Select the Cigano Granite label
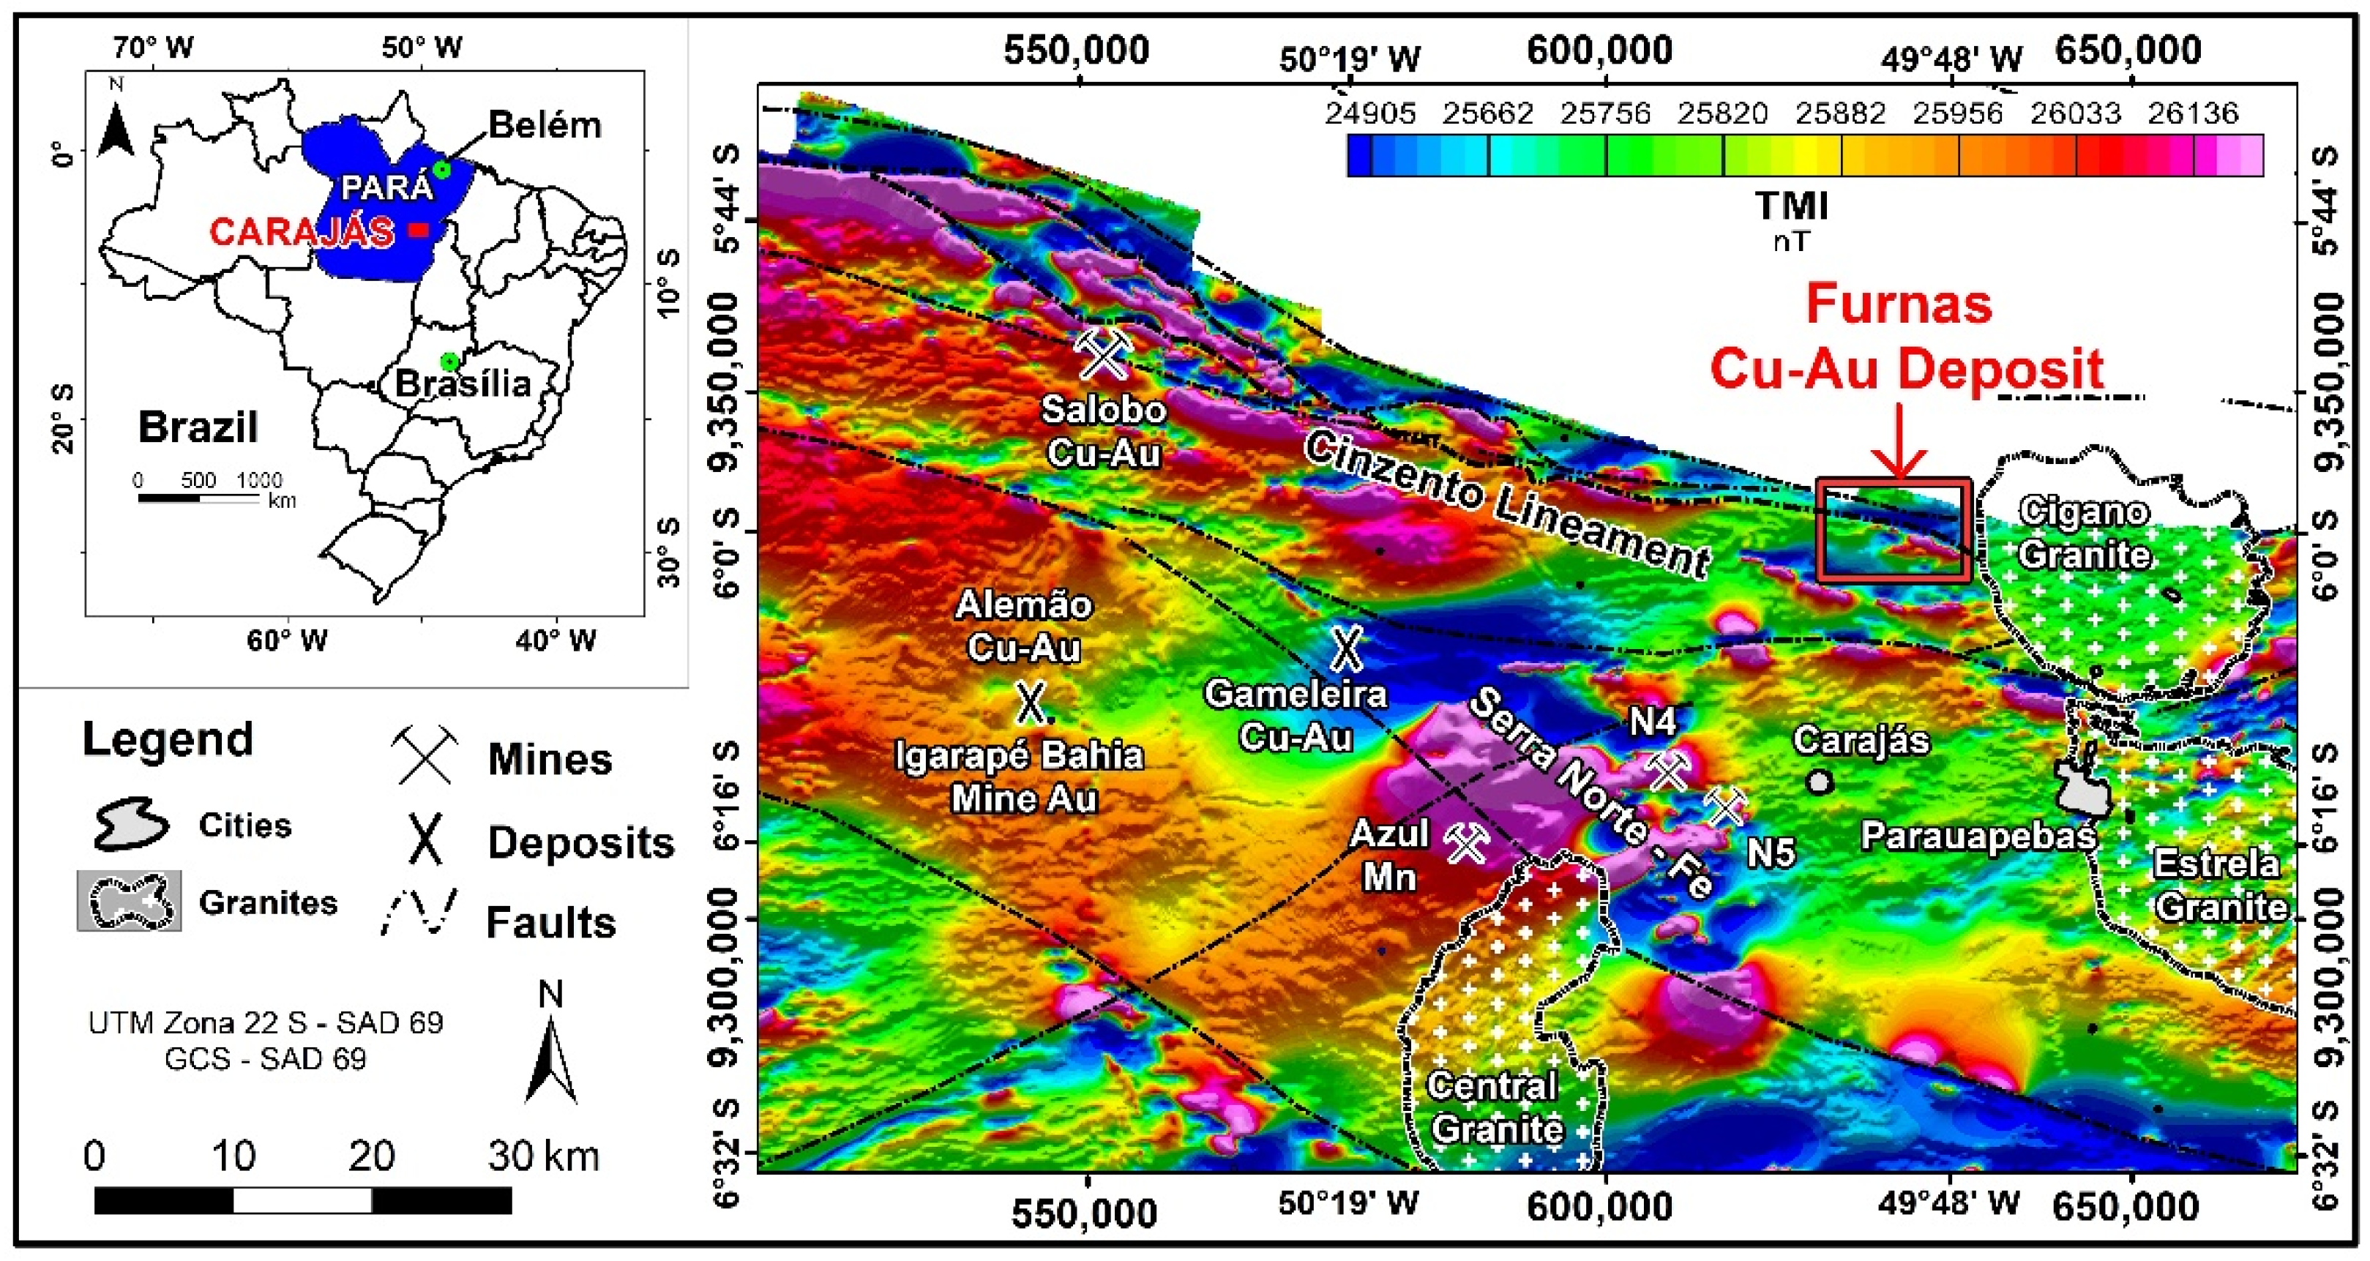(x=2085, y=533)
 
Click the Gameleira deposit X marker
(x=1346, y=648)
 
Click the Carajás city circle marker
(x=1818, y=781)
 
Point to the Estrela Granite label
(x=2217, y=885)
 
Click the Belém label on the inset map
(x=545, y=124)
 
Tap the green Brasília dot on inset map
(x=449, y=361)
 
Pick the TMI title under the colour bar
(x=1790, y=206)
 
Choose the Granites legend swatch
(x=130, y=900)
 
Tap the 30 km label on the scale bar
(x=543, y=1155)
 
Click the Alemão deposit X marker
(x=1031, y=702)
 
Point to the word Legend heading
(x=168, y=739)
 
